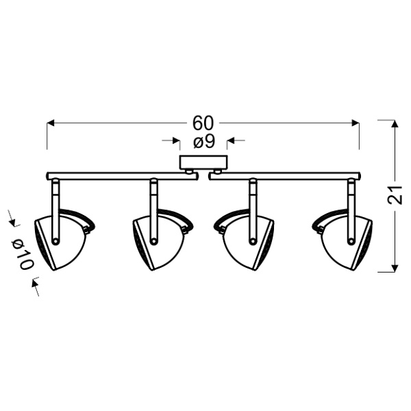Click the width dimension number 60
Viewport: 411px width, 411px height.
click(203, 123)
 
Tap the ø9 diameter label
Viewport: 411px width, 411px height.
click(203, 142)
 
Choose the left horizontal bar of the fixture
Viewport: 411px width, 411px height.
click(116, 175)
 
